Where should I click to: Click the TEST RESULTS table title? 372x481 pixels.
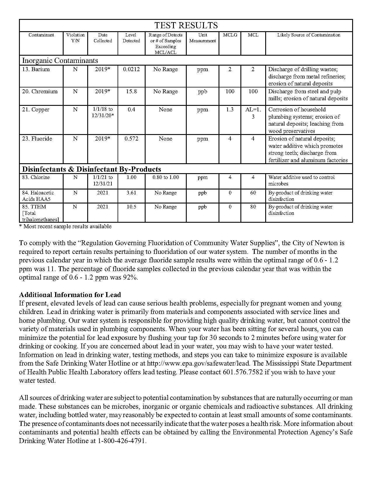[186, 25]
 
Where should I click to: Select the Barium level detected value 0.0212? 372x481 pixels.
[131, 69]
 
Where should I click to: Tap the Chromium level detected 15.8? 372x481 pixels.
[131, 92]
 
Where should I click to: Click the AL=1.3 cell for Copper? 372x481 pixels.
[253, 113]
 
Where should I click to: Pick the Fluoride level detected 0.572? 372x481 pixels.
[131, 139]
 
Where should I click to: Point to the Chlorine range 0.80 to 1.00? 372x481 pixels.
[165, 177]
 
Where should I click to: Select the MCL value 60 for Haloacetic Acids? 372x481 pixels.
[253, 193]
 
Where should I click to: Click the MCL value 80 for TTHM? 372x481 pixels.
[253, 207]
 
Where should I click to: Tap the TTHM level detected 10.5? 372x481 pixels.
[131, 207]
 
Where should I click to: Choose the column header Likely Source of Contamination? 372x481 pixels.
[309, 35]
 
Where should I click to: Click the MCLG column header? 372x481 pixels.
[230, 35]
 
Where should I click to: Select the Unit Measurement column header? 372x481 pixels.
[202, 38]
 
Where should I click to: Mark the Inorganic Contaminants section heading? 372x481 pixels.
[60, 61]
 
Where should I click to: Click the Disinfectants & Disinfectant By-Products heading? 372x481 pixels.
[92, 169]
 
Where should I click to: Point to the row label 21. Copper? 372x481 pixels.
[36, 110]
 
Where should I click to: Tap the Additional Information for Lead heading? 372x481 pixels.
[70, 295]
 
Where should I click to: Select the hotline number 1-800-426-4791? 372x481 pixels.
[121, 441]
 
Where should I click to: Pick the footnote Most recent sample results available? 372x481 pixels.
[67, 227]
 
